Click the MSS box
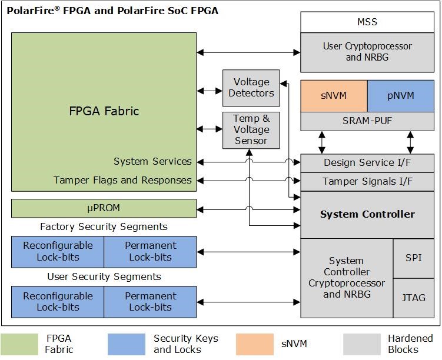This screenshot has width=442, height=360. [x=367, y=22]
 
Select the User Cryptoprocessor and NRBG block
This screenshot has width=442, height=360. [x=367, y=52]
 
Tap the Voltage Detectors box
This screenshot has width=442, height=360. [x=251, y=88]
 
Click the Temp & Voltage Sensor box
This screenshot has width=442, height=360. [x=251, y=129]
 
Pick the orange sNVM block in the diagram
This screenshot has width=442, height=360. [x=334, y=96]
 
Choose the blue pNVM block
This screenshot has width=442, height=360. [x=401, y=96]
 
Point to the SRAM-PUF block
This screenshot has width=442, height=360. [x=367, y=121]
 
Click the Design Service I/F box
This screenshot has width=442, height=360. [x=367, y=163]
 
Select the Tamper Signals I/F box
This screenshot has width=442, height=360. [x=367, y=181]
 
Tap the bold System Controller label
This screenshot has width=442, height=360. [x=367, y=214]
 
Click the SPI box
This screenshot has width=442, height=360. [x=414, y=258]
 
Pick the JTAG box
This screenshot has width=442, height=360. [x=414, y=297]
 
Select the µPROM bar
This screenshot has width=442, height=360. [x=104, y=208]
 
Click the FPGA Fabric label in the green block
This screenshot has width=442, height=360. [x=104, y=111]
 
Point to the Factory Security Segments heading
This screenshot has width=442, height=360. [x=104, y=226]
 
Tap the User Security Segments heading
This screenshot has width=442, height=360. [x=104, y=276]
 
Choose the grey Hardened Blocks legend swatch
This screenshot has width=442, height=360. [x=362, y=344]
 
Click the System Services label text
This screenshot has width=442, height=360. [x=152, y=162]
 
